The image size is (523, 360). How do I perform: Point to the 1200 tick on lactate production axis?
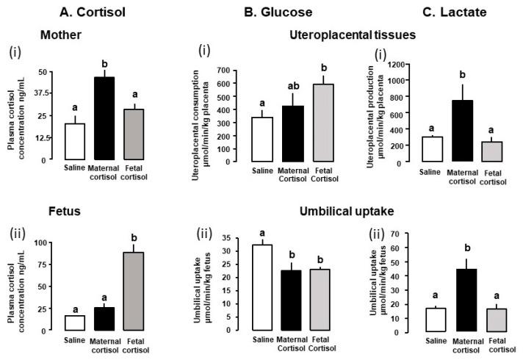click(x=405, y=65)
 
